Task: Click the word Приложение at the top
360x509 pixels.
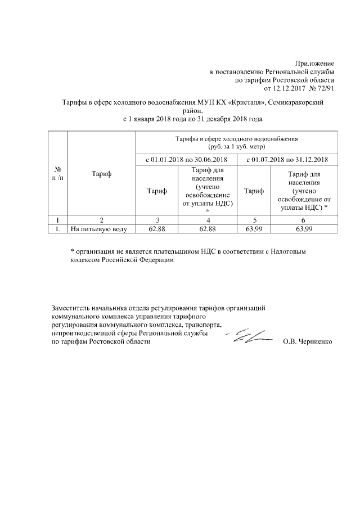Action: [314, 64]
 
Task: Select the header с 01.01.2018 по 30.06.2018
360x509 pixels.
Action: [186, 160]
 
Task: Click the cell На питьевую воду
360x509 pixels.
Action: [99, 229]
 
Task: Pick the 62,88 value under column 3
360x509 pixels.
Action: [156, 229]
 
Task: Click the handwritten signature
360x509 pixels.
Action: [247, 336]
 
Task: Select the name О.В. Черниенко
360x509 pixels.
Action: [308, 342]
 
